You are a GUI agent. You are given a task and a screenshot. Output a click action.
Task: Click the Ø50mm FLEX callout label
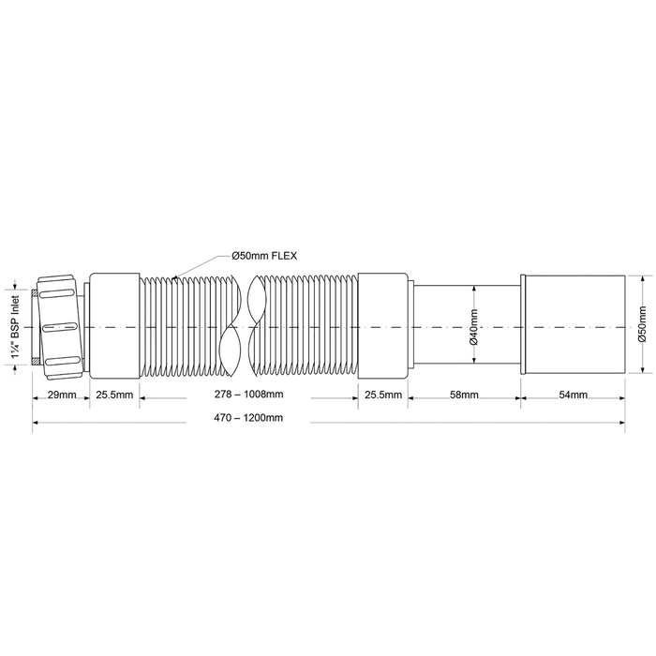tap(264, 256)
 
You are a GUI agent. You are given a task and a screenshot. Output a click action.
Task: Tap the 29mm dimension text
tap(62, 395)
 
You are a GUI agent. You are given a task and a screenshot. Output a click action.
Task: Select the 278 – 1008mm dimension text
tap(249, 395)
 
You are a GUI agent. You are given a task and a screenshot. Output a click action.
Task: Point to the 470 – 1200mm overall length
tap(248, 418)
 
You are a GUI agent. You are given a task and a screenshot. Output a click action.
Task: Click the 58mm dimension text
tap(464, 395)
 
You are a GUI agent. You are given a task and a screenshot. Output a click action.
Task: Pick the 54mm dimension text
tap(574, 395)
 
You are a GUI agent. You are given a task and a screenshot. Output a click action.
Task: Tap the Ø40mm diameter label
tap(473, 327)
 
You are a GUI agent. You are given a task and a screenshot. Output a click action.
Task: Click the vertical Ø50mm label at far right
tap(642, 324)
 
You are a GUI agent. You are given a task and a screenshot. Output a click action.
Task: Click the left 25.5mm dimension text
tap(114, 395)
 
